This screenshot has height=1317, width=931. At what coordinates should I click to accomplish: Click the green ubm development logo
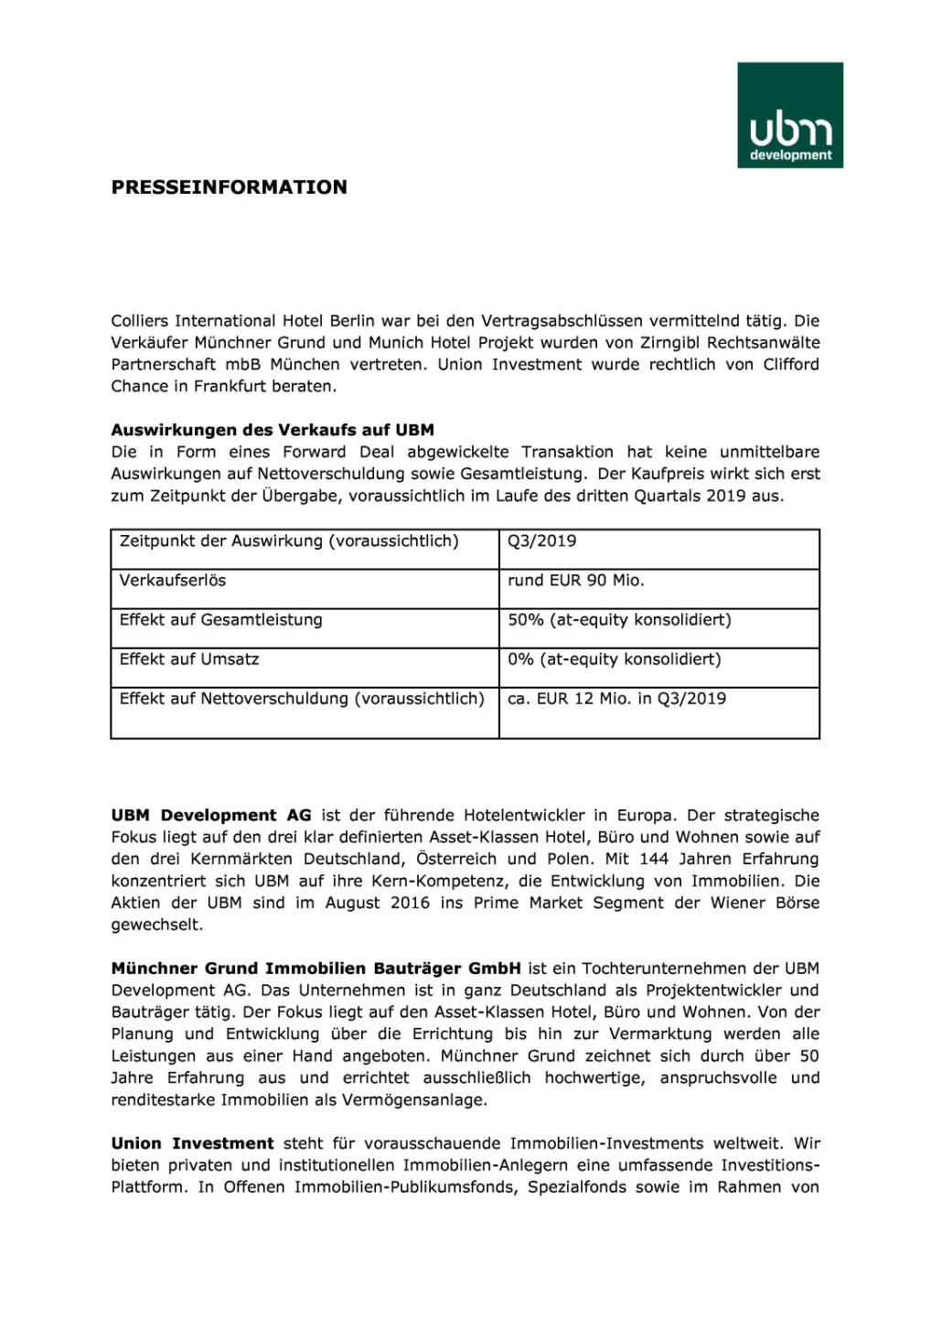click(790, 115)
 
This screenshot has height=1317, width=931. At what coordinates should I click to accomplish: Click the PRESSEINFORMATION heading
click(229, 187)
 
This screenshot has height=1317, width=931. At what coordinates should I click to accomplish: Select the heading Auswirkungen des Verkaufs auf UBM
click(273, 430)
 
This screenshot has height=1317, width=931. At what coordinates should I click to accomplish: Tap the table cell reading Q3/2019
click(542, 541)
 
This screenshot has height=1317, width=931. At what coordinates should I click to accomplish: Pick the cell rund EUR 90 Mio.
click(575, 580)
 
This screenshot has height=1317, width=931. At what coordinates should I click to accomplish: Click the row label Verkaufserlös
click(172, 580)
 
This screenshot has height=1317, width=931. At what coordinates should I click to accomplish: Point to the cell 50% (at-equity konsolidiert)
click(619, 619)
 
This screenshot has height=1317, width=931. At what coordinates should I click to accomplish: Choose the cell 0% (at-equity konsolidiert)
click(614, 658)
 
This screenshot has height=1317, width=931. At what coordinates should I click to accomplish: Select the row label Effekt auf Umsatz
click(189, 658)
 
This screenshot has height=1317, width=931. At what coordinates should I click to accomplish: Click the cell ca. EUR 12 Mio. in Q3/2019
click(616, 698)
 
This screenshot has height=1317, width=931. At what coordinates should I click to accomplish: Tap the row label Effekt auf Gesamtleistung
click(220, 619)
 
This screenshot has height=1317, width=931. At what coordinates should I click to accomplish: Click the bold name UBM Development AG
click(211, 815)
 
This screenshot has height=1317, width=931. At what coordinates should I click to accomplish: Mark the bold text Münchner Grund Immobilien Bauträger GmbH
click(316, 968)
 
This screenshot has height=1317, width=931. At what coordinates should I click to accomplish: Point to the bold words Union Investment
click(192, 1143)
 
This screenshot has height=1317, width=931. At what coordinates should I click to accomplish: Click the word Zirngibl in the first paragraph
click(670, 343)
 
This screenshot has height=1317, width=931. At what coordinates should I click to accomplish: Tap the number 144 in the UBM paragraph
click(654, 859)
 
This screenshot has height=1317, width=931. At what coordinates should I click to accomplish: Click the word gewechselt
click(156, 925)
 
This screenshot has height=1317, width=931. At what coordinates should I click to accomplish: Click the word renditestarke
click(163, 1099)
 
